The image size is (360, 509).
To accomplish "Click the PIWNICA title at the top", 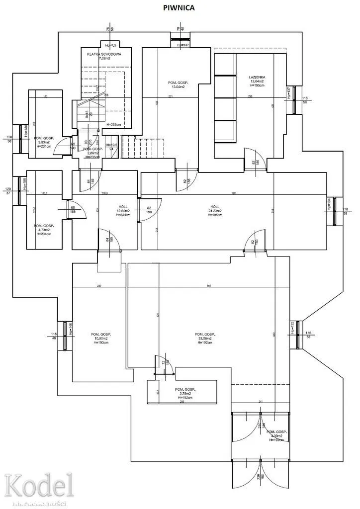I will pyautogui.click(x=180, y=8).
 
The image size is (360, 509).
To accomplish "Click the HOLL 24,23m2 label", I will pyautogui.click(x=215, y=210).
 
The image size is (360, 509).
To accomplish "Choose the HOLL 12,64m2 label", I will pyautogui.click(x=123, y=211).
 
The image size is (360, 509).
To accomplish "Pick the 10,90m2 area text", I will pyautogui.click(x=100, y=338).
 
